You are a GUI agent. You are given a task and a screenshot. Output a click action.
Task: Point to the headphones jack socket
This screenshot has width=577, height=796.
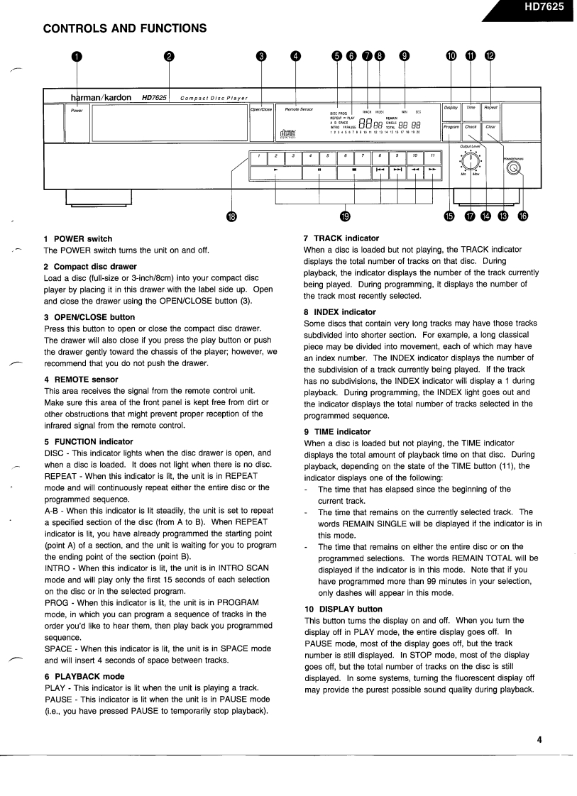click(x=513, y=167)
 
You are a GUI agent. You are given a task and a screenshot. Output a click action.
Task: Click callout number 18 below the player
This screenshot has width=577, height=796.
click(x=231, y=216)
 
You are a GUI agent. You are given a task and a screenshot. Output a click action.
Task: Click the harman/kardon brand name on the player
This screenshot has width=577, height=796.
click(x=100, y=97)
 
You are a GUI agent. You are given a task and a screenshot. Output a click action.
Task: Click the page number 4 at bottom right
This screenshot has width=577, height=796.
click(x=539, y=739)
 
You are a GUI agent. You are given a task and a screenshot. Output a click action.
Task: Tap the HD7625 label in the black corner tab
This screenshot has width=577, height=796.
click(x=544, y=7)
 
